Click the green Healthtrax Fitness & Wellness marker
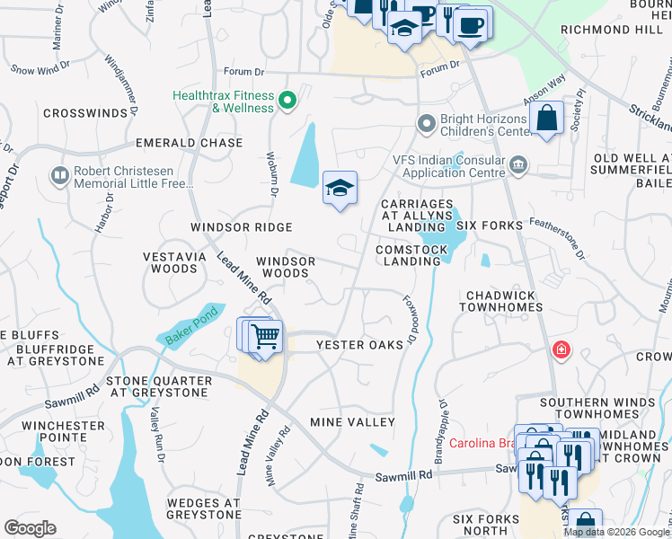[x=287, y=100]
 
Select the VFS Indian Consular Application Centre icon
[x=517, y=165]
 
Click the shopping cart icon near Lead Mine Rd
[x=265, y=338]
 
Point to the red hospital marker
[x=561, y=349]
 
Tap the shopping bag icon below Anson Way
[x=546, y=119]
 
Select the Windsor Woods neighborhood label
[x=286, y=267]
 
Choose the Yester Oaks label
[x=359, y=345]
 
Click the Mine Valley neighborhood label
[x=352, y=422]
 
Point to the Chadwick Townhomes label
[x=503, y=301]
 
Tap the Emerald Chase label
[x=189, y=143]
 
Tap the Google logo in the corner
[x=30, y=528]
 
